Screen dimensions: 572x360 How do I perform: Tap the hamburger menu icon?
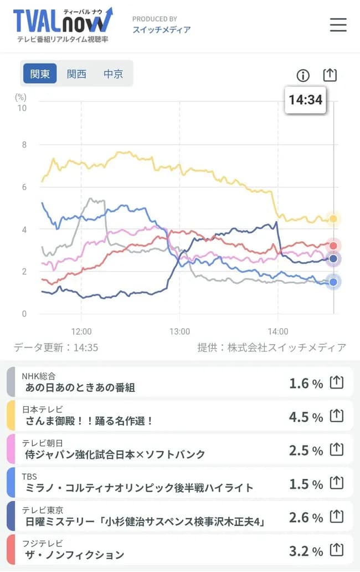[338, 25]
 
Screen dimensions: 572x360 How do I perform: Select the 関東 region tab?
[40, 74]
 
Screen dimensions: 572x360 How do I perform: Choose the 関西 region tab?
[76, 74]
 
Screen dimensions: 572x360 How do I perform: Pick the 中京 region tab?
[113, 74]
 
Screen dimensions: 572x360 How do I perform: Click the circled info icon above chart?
[303, 75]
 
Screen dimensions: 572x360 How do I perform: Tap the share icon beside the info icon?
[330, 75]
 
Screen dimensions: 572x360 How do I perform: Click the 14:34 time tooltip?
[305, 100]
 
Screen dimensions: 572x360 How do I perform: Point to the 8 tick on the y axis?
[23, 145]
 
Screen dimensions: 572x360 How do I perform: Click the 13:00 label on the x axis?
[179, 331]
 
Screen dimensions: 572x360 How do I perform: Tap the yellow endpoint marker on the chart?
[333, 219]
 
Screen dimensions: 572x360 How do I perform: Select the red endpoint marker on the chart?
[333, 246]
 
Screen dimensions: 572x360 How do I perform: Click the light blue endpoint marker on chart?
[333, 282]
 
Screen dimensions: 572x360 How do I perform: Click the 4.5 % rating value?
[306, 417]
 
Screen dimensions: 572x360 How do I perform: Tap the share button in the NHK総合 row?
[337, 382]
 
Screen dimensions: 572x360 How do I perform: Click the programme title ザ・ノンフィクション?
[75, 554]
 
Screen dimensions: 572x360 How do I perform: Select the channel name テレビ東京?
[43, 509]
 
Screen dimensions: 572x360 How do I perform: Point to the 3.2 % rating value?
[306, 551]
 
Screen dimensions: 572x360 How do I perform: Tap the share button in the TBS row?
[337, 483]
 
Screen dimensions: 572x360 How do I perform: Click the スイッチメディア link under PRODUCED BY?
[161, 29]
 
